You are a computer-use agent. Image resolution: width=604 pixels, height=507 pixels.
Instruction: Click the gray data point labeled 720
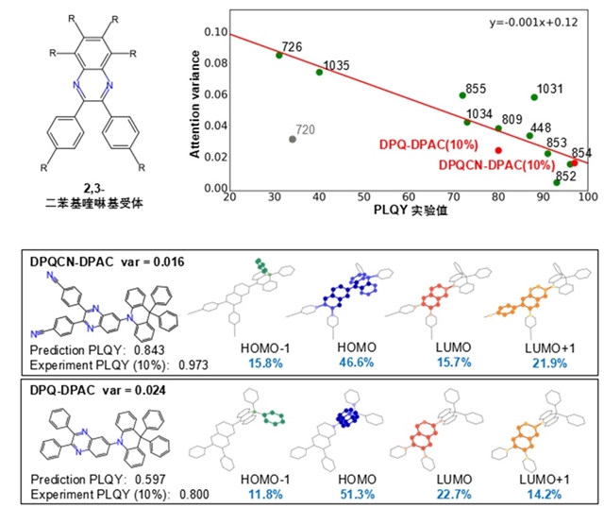293,139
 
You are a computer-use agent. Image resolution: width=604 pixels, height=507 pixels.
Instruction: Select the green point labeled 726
278,55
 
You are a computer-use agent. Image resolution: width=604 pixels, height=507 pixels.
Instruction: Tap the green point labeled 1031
534,96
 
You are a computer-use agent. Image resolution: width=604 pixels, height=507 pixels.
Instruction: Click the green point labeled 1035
319,72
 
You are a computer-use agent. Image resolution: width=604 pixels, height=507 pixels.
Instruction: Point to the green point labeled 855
462,94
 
